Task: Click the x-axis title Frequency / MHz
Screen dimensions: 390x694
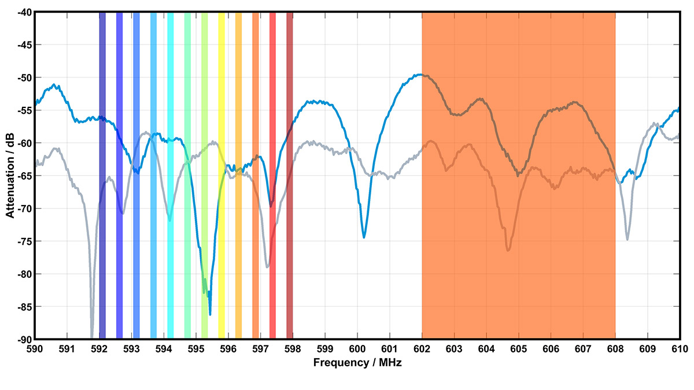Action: pyautogui.click(x=357, y=363)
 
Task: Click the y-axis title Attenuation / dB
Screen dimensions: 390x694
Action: pyautogui.click(x=10, y=174)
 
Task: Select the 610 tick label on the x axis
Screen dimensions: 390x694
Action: pyautogui.click(x=679, y=348)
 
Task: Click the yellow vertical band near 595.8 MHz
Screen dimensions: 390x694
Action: pyautogui.click(x=222, y=173)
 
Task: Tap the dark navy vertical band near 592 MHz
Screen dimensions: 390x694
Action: pyautogui.click(x=102, y=173)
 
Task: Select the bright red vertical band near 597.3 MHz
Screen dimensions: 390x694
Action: pyautogui.click(x=272, y=173)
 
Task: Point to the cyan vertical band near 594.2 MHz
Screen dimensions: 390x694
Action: pyautogui.click(x=171, y=173)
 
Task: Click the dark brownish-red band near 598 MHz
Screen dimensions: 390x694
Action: pyautogui.click(x=290, y=173)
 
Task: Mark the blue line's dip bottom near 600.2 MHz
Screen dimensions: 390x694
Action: pyautogui.click(x=364, y=237)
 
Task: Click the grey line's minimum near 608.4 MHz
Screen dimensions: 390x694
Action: pyautogui.click(x=627, y=239)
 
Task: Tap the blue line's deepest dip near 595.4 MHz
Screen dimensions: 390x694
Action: pyautogui.click(x=210, y=314)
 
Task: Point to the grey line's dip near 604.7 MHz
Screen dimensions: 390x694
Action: pyautogui.click(x=508, y=250)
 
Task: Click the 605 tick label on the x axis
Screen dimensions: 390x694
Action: pyautogui.click(x=518, y=348)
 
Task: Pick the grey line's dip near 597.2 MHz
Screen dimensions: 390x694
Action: pyautogui.click(x=267, y=266)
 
